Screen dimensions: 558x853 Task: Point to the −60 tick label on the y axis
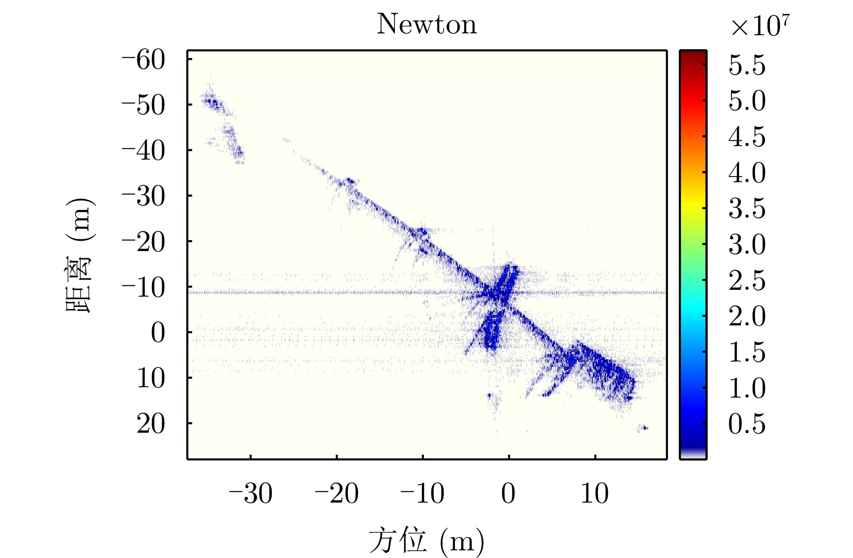point(144,60)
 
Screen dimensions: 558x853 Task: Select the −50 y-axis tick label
point(144,105)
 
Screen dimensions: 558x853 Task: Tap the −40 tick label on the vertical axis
point(144,151)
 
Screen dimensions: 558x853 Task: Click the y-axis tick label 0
point(158,333)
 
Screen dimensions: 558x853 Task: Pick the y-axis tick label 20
point(151,424)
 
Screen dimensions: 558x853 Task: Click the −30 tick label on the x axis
point(250,493)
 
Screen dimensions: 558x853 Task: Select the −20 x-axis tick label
point(337,493)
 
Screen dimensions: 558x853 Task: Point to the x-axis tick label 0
point(508,493)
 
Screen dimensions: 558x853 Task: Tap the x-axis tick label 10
point(594,493)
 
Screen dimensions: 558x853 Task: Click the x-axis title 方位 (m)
point(426,540)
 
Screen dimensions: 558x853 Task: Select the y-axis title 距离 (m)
point(79,255)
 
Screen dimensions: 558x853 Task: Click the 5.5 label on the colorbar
point(747,65)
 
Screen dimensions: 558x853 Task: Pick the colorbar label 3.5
point(747,209)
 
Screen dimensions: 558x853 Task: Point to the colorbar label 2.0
point(747,316)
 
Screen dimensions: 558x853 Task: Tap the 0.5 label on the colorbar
point(747,424)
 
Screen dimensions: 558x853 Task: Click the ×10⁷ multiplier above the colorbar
point(760,26)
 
